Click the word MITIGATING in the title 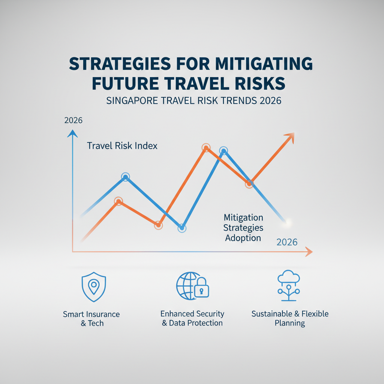point(255,64)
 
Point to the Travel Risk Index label point(122,145)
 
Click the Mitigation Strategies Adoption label point(243,228)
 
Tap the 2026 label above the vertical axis point(73,121)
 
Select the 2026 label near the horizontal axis point(287,242)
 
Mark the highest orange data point point(205,148)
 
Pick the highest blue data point point(224,151)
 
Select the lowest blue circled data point point(182,228)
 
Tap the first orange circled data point point(118,201)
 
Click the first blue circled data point point(126,177)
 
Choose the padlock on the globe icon point(201,289)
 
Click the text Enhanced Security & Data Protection point(192,318)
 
